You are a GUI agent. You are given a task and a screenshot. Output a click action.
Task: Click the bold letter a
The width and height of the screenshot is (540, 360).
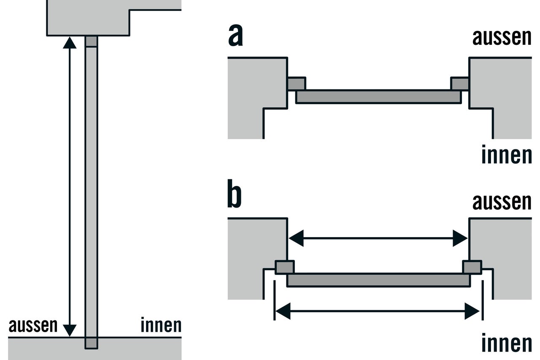(x=235, y=35)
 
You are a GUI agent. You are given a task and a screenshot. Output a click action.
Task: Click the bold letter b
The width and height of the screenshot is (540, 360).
(x=234, y=193)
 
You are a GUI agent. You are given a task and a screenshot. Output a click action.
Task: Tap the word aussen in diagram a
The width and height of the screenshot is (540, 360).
(x=502, y=38)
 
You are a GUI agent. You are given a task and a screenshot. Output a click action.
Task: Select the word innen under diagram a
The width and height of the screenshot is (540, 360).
(x=507, y=154)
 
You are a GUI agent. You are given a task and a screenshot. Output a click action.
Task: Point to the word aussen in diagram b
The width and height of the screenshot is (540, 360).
(x=502, y=202)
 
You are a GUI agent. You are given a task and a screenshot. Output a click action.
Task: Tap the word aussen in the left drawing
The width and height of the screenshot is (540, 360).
(x=33, y=325)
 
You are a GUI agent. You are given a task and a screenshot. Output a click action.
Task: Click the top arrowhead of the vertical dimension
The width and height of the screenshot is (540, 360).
(x=70, y=43)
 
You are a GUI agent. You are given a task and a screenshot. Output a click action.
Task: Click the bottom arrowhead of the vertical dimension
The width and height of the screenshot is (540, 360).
(x=70, y=330)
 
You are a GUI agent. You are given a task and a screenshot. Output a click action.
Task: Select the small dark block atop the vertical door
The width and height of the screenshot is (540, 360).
(x=92, y=41)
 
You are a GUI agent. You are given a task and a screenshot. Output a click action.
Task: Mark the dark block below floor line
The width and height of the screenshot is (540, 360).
(x=92, y=343)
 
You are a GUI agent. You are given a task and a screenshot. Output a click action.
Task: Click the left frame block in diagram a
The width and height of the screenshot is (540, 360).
(x=297, y=84)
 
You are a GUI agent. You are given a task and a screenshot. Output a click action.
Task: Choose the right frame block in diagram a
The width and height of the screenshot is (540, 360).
(x=460, y=84)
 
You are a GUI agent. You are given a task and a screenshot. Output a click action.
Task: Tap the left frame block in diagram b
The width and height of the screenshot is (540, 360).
(x=284, y=267)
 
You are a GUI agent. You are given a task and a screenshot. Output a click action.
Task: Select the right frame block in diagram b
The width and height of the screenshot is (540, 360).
(x=472, y=267)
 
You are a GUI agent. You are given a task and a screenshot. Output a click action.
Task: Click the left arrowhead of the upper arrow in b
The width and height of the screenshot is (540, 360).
(x=296, y=238)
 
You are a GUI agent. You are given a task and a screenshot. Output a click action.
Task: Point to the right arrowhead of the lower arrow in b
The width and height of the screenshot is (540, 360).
(x=472, y=311)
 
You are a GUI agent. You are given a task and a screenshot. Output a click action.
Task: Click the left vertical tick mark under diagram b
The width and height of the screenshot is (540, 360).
(x=274, y=300)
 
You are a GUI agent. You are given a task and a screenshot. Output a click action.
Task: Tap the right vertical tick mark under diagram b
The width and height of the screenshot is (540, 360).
(x=483, y=300)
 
